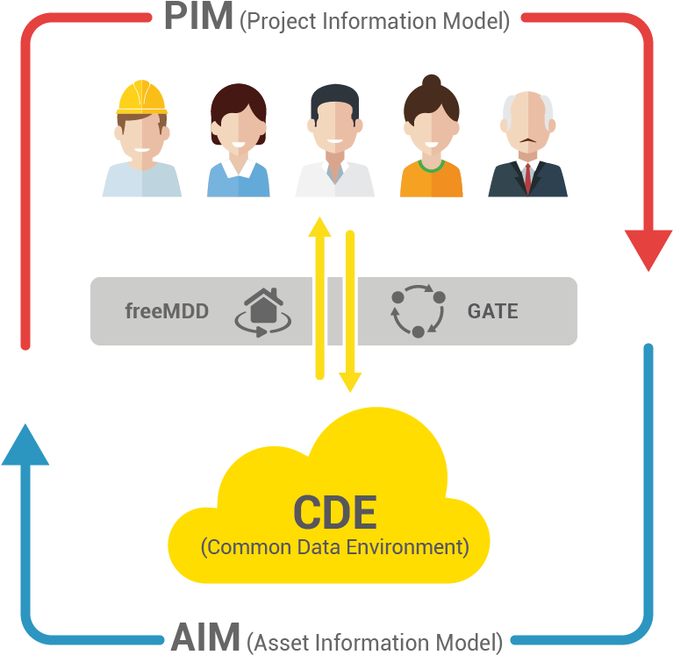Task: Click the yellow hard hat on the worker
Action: coord(141,97)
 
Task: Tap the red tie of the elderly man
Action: coord(527,176)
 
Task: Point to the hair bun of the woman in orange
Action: coord(431,82)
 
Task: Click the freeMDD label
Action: coord(167,311)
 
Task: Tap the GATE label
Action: coord(492,311)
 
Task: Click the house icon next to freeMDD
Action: coord(261,311)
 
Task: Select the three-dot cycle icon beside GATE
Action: coord(419,310)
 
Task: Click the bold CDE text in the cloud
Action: coord(334,512)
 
